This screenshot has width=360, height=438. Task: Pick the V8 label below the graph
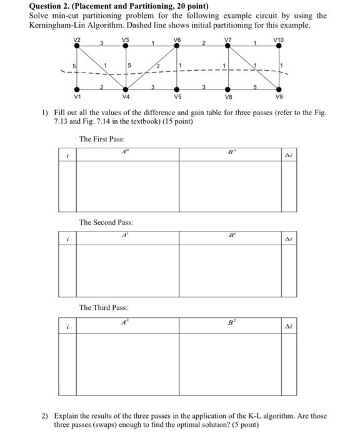[227, 97]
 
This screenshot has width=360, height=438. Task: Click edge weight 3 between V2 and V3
[102, 43]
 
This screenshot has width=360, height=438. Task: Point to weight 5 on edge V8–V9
[254, 86]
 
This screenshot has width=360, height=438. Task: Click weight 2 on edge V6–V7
[203, 43]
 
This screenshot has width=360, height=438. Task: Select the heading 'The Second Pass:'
[106, 222]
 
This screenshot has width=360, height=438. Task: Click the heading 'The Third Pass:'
[103, 307]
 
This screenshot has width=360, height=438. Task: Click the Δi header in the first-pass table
[288, 153]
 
